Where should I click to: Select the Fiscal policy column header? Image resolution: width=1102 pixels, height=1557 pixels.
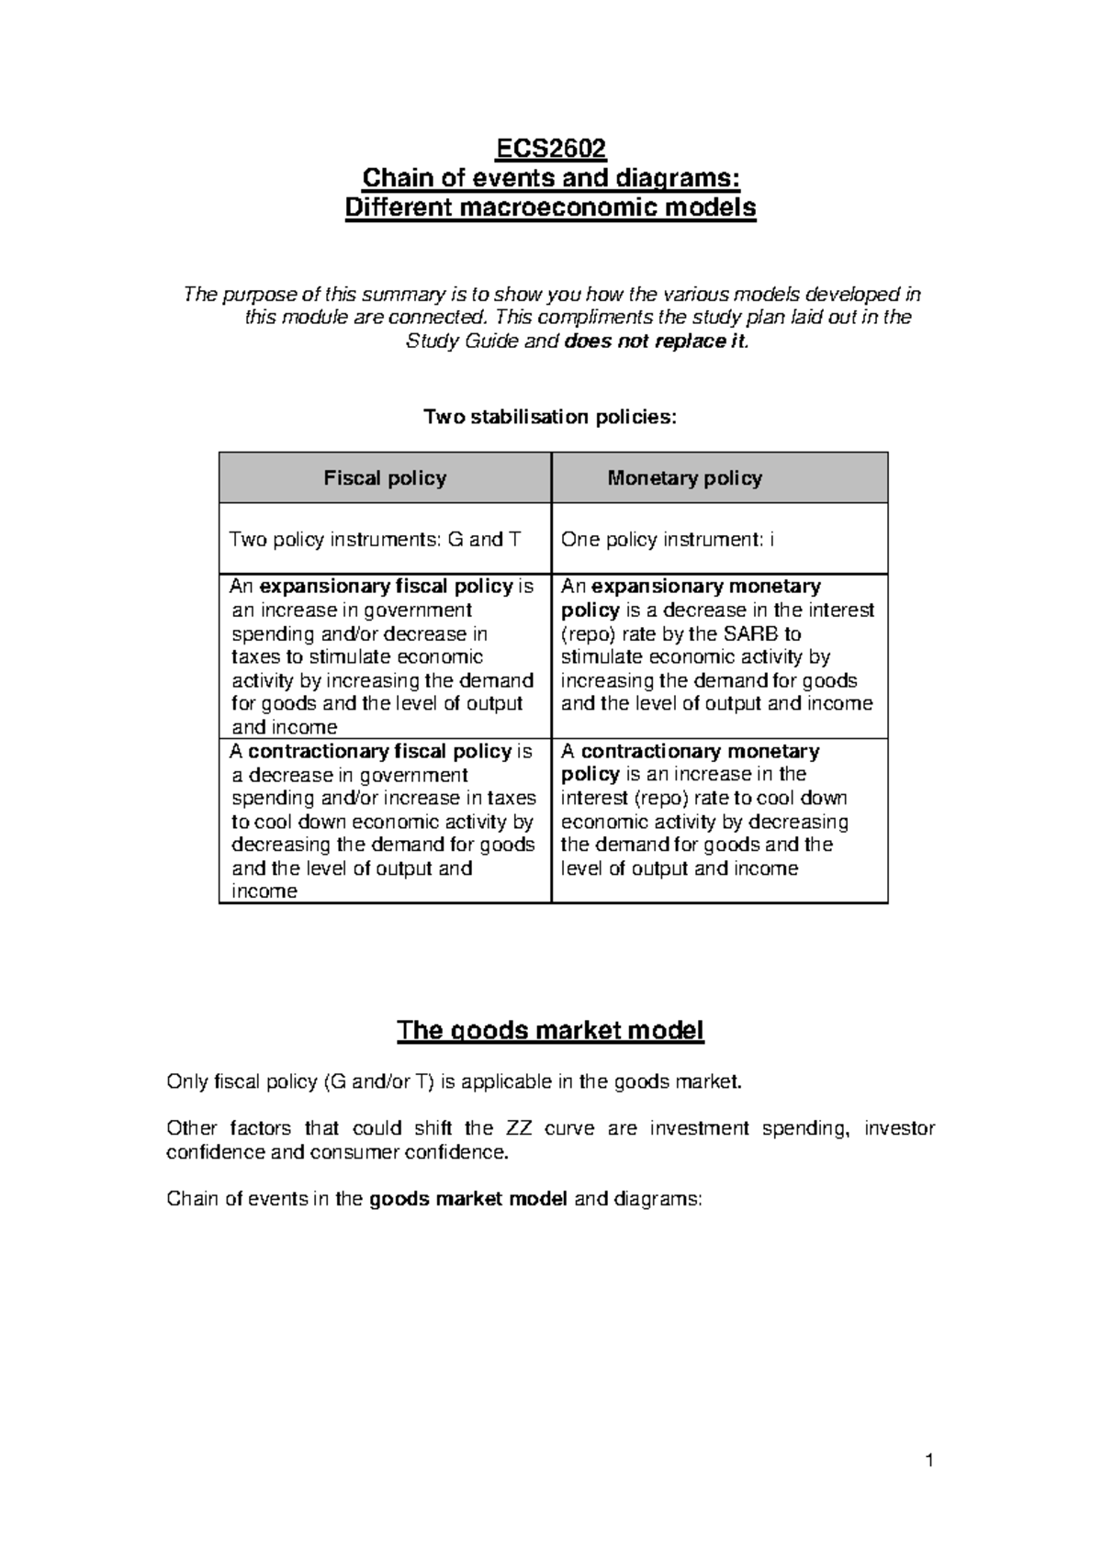coord(385,478)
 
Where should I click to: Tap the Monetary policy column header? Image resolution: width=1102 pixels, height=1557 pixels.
coord(684,478)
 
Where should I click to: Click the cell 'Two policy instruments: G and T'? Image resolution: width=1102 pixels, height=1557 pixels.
coord(375,540)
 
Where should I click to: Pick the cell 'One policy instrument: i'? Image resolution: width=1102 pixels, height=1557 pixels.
coord(667,540)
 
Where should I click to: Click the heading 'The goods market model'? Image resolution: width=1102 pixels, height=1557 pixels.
coord(550,1031)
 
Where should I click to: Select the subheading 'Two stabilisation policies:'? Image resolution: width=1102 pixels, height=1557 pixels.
coord(549,418)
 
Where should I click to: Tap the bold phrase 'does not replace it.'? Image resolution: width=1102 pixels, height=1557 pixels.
coord(658,342)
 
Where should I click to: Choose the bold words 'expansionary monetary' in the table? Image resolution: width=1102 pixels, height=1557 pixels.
coord(706,587)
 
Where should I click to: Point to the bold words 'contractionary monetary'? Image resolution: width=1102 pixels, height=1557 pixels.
coord(700,752)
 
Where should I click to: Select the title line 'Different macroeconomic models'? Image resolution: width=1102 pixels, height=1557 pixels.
coord(550,208)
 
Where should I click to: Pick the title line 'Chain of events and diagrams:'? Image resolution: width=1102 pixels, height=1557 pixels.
coord(550,177)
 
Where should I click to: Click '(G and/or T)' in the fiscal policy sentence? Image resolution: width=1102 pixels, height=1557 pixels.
coord(377,1082)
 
